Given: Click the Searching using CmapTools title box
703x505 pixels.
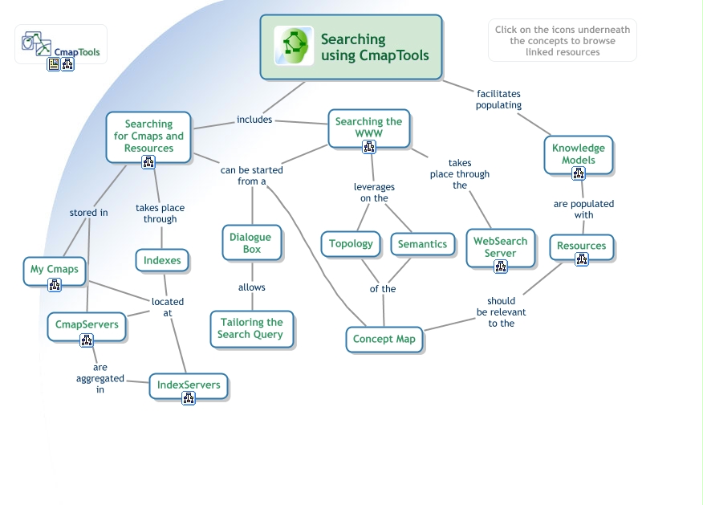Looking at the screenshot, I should (x=351, y=47).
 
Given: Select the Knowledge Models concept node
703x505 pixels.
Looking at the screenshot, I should (x=578, y=153).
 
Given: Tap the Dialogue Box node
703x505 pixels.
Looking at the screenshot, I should (x=250, y=242).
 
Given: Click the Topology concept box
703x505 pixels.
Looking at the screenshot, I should (x=351, y=244).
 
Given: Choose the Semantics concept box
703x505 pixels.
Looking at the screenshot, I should (x=422, y=244).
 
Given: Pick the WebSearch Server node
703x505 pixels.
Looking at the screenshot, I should (x=500, y=246).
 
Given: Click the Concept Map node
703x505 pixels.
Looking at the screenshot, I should (x=384, y=339).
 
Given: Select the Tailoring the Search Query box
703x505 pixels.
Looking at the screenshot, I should (x=251, y=328).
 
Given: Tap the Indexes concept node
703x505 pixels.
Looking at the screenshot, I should (x=162, y=260).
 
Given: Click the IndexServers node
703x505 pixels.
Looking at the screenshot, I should (x=189, y=385).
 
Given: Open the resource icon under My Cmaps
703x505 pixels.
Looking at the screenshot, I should (x=55, y=285).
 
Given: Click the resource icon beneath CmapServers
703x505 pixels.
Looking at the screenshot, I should (x=87, y=340).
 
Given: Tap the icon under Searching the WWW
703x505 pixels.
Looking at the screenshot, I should (x=369, y=147).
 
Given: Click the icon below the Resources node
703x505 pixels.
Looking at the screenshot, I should (x=582, y=259).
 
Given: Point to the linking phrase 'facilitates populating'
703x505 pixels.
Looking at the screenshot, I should (x=498, y=100).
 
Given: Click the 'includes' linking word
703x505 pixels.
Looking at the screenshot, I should (x=254, y=120).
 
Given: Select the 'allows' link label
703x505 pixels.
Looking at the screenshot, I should (x=251, y=287).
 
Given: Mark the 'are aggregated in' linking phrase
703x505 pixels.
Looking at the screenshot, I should (x=100, y=378).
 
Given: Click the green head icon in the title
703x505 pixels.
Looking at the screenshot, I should (x=293, y=46).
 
